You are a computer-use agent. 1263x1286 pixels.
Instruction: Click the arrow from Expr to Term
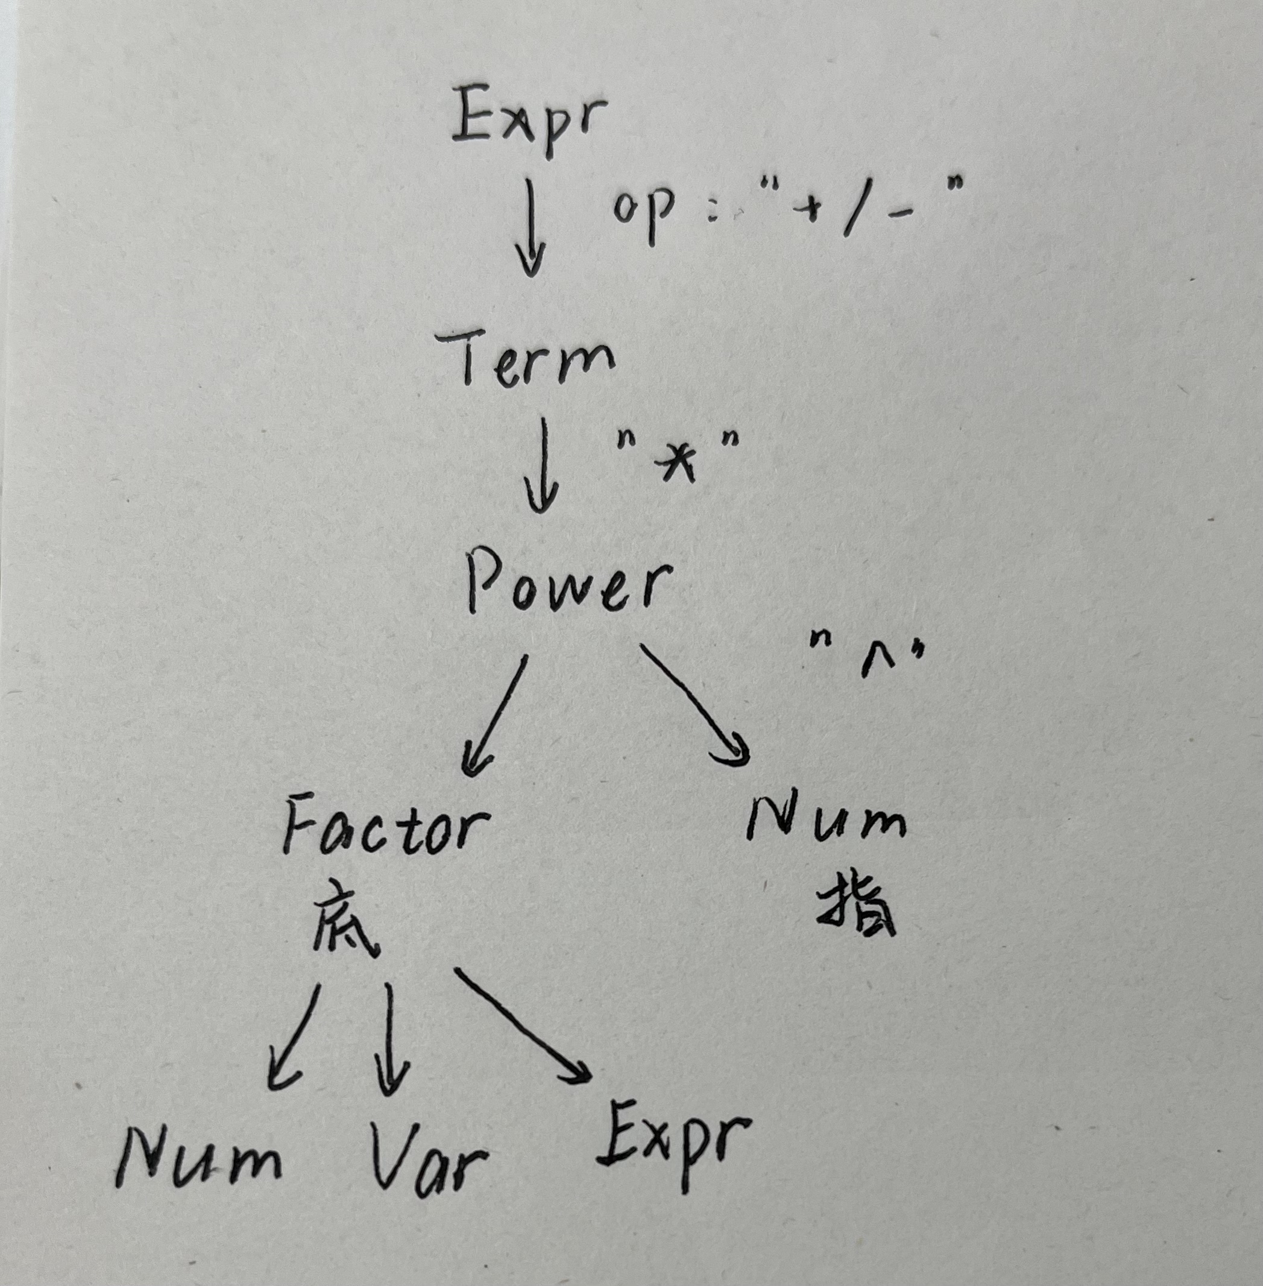(x=531, y=227)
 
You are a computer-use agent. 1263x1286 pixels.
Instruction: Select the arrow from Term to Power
(x=543, y=464)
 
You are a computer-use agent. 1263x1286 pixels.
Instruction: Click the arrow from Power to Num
(x=695, y=707)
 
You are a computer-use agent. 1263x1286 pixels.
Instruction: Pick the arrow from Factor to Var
(x=390, y=1039)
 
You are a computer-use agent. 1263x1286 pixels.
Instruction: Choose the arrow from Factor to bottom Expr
(x=523, y=1026)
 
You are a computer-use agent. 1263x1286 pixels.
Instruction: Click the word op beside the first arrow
(x=643, y=209)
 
